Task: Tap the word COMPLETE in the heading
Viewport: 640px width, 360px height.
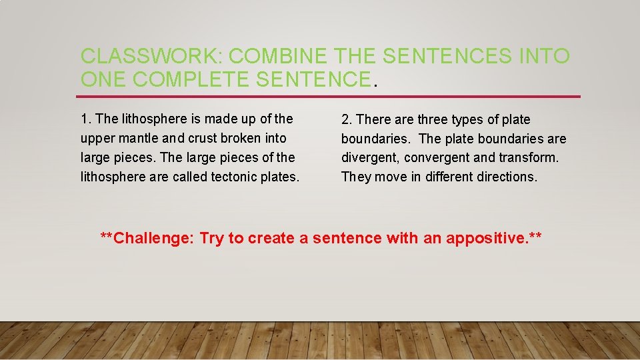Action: coord(192,79)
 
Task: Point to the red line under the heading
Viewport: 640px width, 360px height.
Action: coord(330,97)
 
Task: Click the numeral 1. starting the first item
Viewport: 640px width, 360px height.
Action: coord(85,119)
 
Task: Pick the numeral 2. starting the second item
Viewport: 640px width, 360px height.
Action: coord(347,120)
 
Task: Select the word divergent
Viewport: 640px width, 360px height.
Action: coord(369,158)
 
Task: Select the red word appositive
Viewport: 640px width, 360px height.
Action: coord(485,239)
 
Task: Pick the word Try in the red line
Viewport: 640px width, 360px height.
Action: coord(212,239)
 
